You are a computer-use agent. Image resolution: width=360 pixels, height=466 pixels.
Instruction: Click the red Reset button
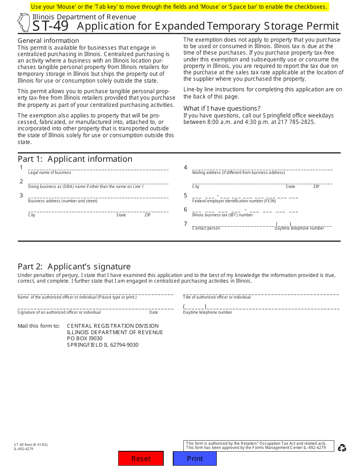[x=141, y=458]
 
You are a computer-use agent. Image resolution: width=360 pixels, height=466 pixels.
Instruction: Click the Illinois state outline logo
[x=23, y=23]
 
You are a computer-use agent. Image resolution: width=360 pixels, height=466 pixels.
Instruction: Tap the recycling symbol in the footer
[x=342, y=448]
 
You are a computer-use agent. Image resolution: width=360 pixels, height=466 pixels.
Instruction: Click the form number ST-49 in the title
[x=50, y=26]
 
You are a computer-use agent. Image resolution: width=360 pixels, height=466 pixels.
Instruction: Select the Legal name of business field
[x=98, y=168]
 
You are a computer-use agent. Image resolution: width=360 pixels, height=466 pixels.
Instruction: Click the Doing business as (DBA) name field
[x=98, y=182]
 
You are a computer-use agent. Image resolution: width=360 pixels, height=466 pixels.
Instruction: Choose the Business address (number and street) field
[x=98, y=196]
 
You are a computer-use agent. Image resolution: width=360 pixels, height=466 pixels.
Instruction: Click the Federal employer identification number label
[x=234, y=201]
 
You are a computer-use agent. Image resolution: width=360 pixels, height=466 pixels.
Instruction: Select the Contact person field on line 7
[x=233, y=224]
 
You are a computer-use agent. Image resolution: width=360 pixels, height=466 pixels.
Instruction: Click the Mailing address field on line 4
[x=262, y=168]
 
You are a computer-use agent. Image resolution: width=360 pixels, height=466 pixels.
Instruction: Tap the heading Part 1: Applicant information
[x=75, y=159]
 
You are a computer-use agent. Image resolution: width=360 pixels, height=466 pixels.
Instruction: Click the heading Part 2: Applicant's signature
[x=74, y=266]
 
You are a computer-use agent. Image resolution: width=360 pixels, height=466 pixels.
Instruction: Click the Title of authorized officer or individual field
[x=261, y=293]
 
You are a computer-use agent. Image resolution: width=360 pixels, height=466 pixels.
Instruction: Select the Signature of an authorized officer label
[x=59, y=313]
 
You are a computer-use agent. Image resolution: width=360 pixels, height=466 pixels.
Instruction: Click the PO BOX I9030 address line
[x=85, y=338]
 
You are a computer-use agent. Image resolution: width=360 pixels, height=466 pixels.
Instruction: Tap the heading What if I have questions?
[x=222, y=108]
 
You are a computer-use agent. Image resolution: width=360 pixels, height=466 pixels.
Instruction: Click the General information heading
[x=49, y=41]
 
